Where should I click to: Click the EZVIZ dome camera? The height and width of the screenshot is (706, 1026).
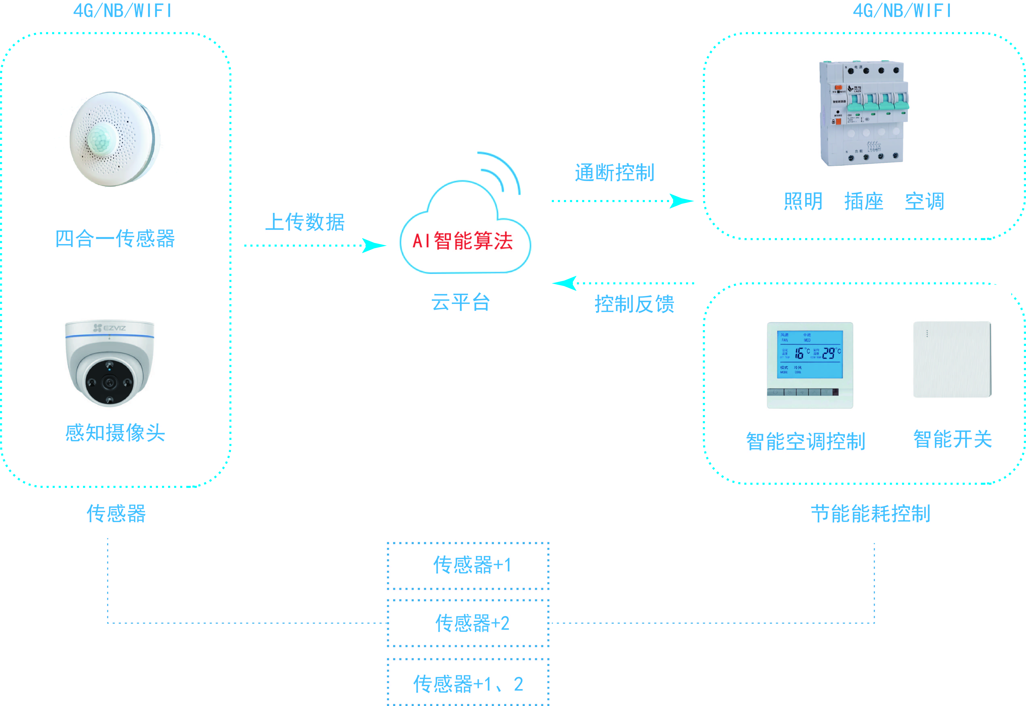pos(110,363)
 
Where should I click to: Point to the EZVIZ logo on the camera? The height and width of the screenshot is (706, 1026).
pos(110,328)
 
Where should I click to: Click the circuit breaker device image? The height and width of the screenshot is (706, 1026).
pos(862,113)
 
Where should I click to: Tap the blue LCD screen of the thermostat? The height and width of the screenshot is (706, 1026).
pos(810,354)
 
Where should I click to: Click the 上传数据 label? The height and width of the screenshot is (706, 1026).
pos(305,222)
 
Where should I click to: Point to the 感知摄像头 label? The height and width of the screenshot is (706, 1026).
pos(115,433)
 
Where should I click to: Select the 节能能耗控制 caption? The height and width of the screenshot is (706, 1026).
pos(870,514)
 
